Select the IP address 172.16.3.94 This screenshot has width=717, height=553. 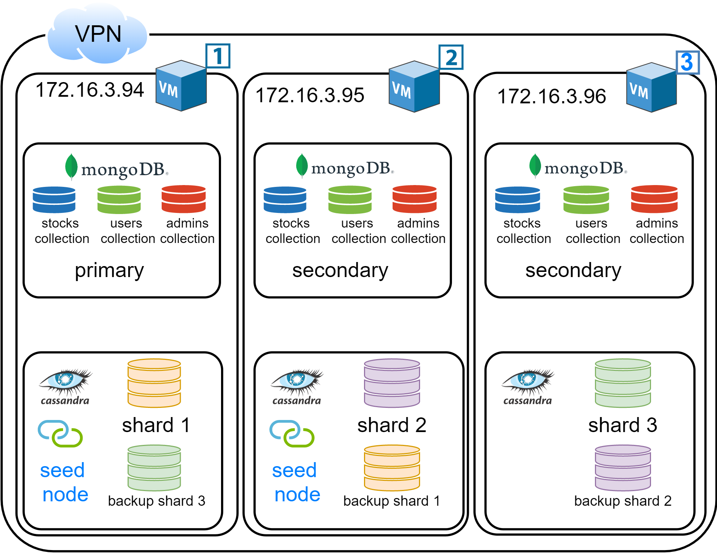90,90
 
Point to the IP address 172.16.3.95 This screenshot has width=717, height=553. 310,95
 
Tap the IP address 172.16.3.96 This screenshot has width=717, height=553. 551,96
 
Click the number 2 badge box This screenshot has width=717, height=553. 451,57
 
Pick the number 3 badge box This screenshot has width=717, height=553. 688,62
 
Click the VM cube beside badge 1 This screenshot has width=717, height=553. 181,86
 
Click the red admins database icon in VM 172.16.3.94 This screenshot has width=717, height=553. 184,199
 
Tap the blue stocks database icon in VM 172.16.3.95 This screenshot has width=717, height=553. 285,200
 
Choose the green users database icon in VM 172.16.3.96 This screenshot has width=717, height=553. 586,200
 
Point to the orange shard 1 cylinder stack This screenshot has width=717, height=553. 154,383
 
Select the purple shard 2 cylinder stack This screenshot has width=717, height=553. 392,383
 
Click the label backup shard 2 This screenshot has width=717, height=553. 623,501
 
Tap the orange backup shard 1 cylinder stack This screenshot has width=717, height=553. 392,468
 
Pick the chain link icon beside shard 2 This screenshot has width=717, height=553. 292,434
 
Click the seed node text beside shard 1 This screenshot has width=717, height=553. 64,482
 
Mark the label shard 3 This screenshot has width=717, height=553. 623,425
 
